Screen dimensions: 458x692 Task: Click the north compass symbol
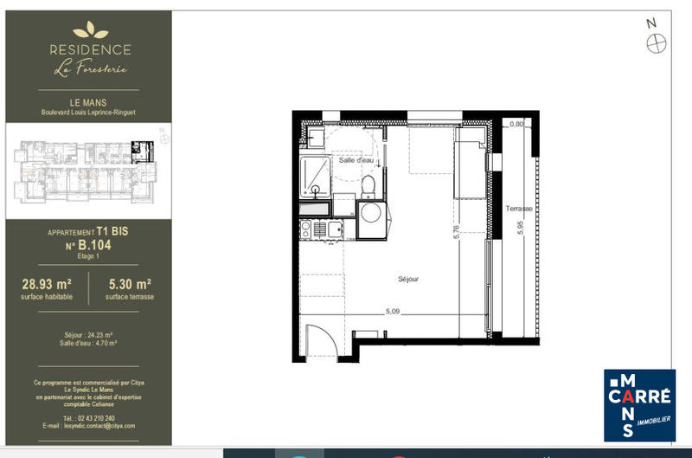657,41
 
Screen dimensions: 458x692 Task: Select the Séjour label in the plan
408,279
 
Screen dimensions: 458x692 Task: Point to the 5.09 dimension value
394,312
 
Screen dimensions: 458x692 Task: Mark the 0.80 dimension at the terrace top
516,125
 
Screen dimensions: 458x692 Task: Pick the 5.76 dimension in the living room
455,232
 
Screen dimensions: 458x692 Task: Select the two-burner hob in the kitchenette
307,229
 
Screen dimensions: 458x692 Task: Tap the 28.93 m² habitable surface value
46,283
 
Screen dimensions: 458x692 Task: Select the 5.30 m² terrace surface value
131,283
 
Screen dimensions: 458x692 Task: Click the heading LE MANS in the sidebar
89,102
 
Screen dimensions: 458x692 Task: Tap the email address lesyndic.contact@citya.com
89,426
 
